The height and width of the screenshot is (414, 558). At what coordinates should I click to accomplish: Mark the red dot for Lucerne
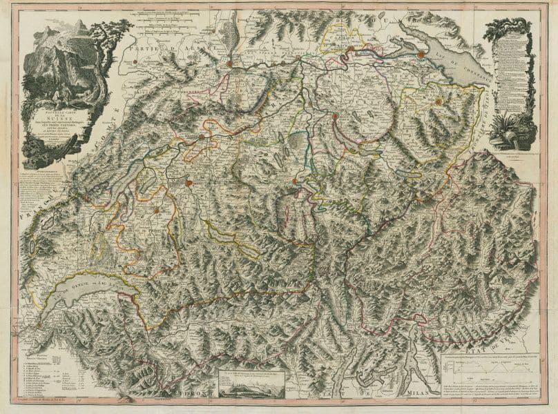coord(294,181)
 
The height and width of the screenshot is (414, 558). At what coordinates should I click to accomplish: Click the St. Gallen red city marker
coord(436,102)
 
